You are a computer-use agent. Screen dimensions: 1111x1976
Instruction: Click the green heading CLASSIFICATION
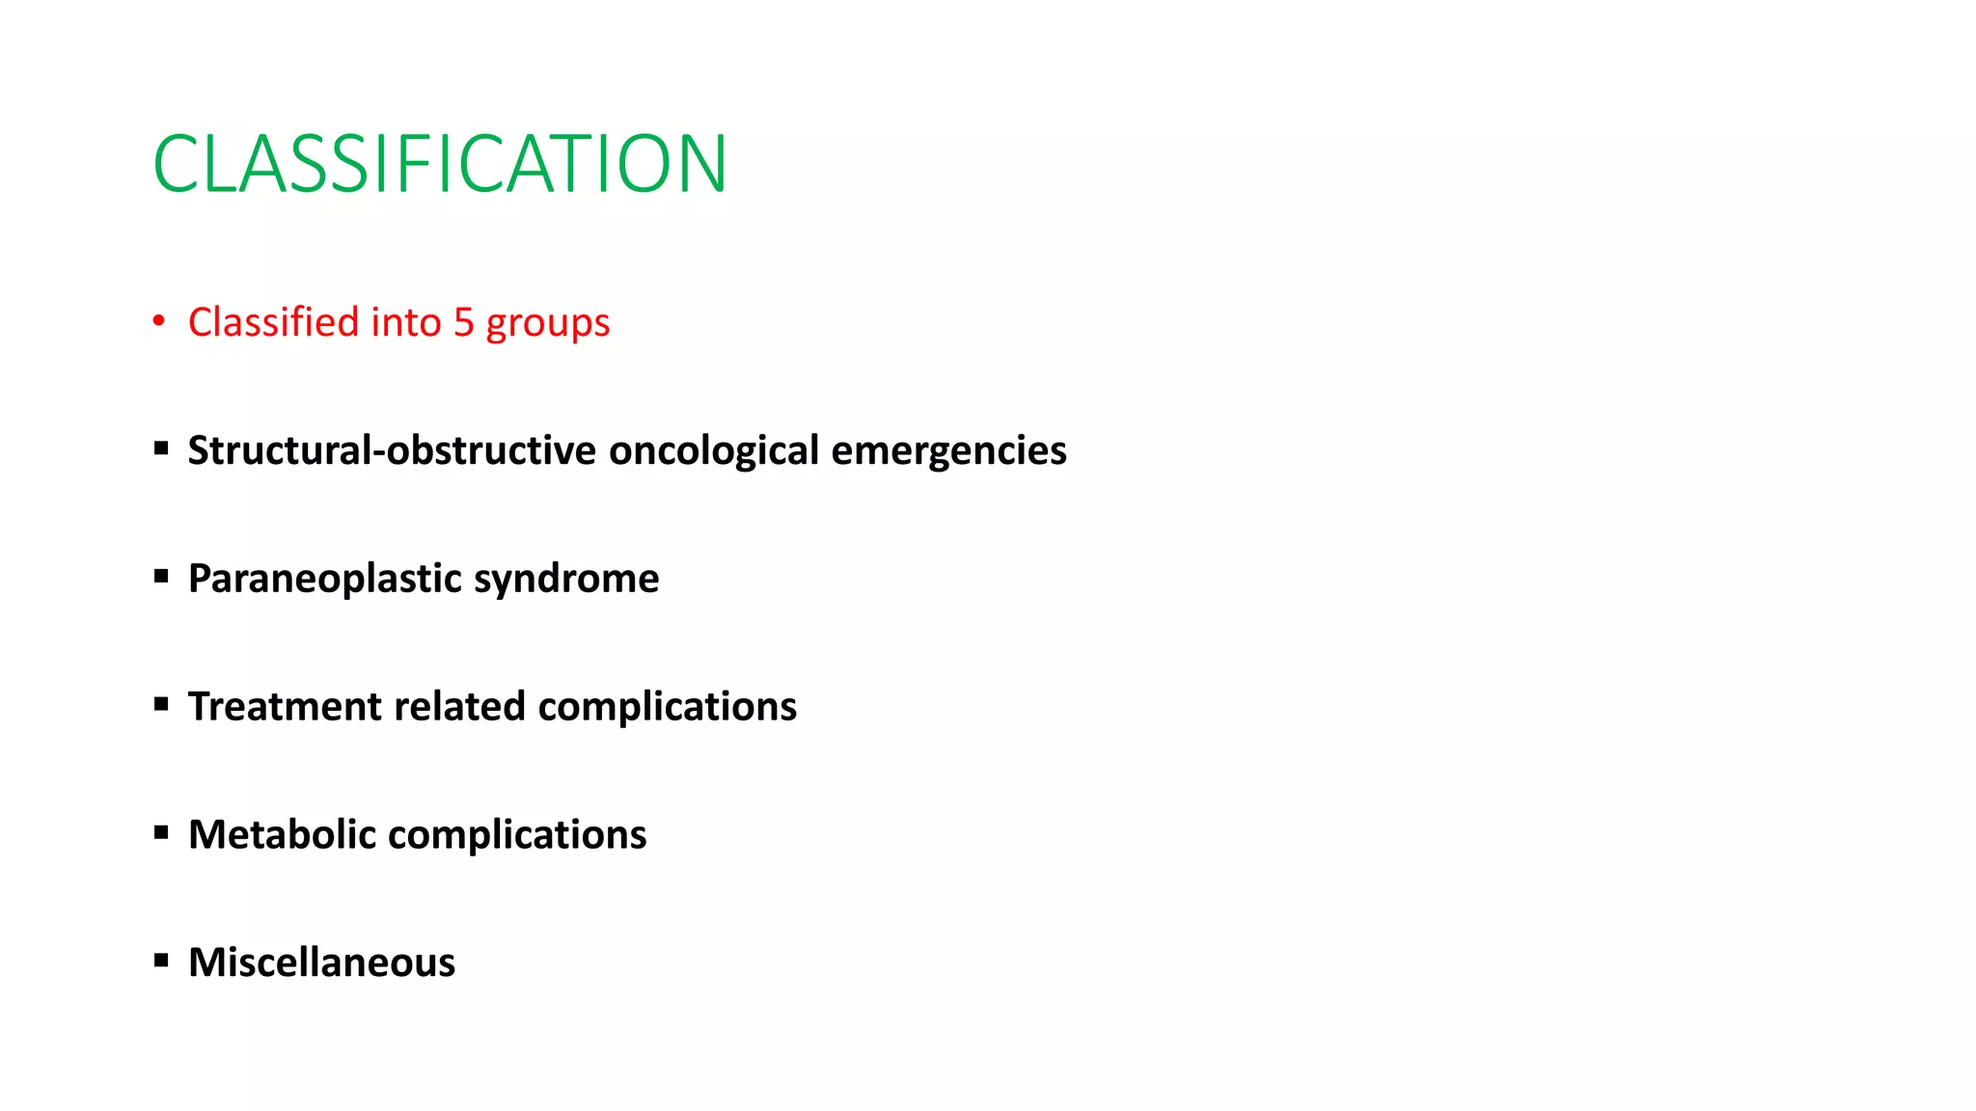pyautogui.click(x=440, y=164)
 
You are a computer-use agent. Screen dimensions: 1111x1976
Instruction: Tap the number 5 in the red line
pyautogui.click(x=463, y=322)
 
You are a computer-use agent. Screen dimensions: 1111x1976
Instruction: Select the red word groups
pyautogui.click(x=547, y=324)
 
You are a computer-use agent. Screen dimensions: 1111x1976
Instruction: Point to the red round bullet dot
pyautogui.click(x=159, y=321)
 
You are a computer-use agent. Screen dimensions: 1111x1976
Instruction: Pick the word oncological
pyautogui.click(x=714, y=451)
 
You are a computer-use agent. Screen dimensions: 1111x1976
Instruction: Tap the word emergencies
pyautogui.click(x=948, y=451)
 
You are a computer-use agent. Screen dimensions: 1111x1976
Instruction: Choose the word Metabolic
pyautogui.click(x=282, y=834)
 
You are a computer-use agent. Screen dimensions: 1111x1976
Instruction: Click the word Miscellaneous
pyautogui.click(x=321, y=962)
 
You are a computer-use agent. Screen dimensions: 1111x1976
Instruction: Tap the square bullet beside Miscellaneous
pyautogui.click(x=161, y=960)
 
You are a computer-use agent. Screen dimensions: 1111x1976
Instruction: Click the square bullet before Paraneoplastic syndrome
pyautogui.click(x=161, y=576)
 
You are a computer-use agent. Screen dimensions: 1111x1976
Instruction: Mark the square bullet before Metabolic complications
pyautogui.click(x=161, y=831)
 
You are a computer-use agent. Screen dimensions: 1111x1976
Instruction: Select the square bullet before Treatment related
pyautogui.click(x=161, y=704)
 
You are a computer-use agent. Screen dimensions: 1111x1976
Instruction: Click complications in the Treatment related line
pyautogui.click(x=667, y=707)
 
